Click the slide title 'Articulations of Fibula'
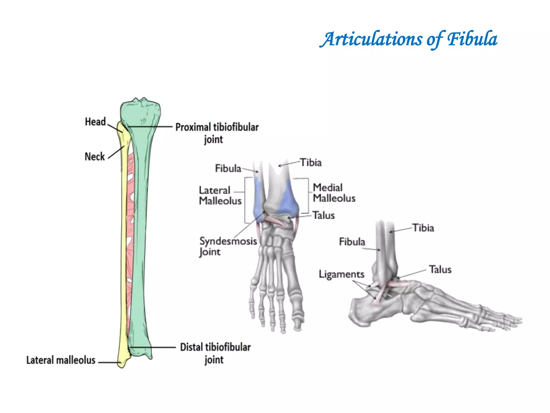(408, 39)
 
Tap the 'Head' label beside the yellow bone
(95, 122)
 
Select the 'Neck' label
(95, 156)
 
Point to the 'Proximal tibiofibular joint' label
(217, 133)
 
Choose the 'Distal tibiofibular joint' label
(215, 353)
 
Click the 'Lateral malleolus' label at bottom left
(61, 360)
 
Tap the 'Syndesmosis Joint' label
(228, 246)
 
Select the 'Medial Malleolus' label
(334, 193)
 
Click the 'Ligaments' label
(341, 274)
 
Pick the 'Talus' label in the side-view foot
(440, 269)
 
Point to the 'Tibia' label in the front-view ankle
(311, 163)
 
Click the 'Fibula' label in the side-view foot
(352, 242)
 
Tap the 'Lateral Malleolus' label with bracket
(220, 195)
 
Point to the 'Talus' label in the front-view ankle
(324, 215)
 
